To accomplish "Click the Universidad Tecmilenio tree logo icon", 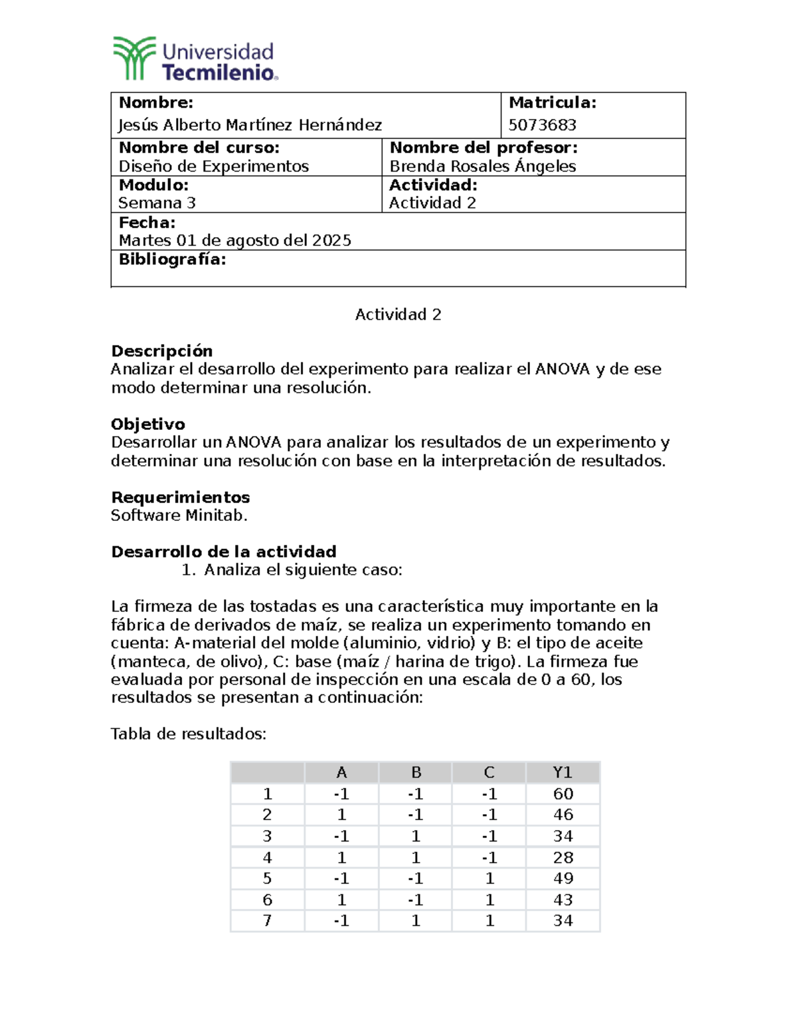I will [x=134, y=58].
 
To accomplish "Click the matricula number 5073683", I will [x=542, y=125].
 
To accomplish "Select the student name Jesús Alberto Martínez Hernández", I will [x=250, y=125].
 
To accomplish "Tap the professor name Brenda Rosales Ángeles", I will [x=482, y=166].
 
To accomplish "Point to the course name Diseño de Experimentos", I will [x=213, y=166].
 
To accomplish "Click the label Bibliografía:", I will [x=172, y=259].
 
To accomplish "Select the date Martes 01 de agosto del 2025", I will [x=234, y=241].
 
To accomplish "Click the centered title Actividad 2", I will [x=398, y=314].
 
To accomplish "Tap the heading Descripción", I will [x=161, y=351].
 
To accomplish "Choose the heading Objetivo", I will [x=147, y=424].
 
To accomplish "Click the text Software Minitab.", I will [x=179, y=516].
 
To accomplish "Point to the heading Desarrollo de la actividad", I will [x=223, y=552].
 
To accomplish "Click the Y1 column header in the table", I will [x=563, y=772].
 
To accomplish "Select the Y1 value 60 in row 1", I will [x=563, y=793].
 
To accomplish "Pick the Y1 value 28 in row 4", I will [x=563, y=857].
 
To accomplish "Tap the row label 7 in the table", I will [x=267, y=920].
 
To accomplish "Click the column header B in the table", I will [x=416, y=772].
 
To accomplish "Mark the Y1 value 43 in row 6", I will [x=563, y=900].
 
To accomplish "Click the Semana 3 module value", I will [x=157, y=203].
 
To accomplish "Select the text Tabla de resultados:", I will [x=188, y=734].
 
